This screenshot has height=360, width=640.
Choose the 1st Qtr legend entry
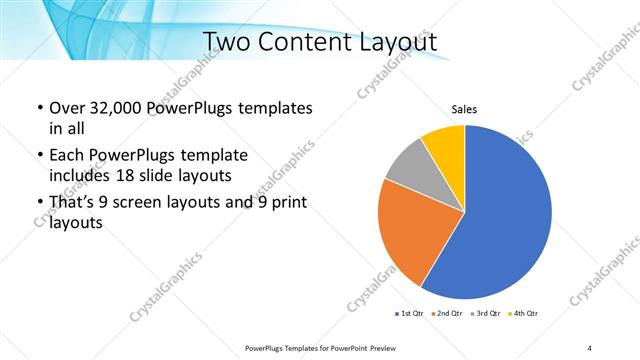[410, 314]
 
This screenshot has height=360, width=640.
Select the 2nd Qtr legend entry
[447, 314]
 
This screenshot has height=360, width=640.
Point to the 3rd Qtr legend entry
[485, 314]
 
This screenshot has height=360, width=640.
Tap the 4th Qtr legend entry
[523, 314]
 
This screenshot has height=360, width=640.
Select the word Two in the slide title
[228, 41]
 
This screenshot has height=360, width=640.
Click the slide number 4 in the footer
[590, 347]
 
